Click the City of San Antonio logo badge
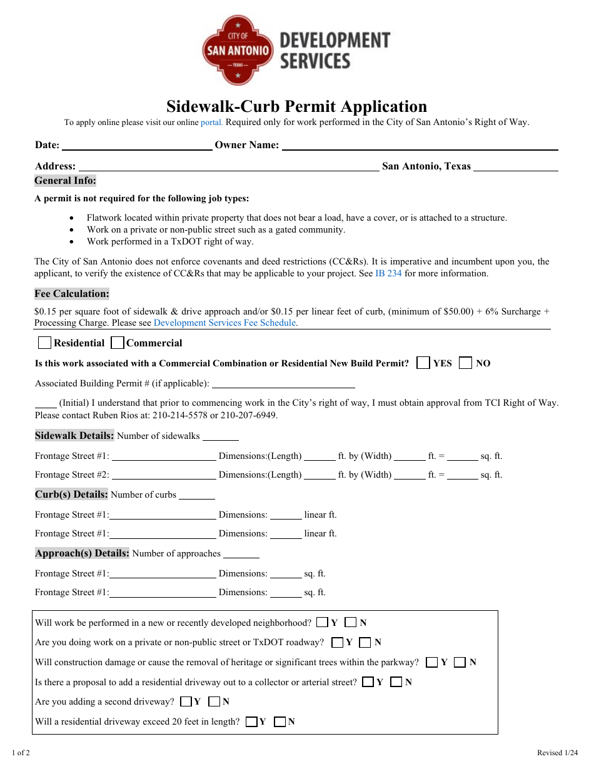point(238,50)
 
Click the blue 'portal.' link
point(211,123)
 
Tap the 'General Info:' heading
point(65,181)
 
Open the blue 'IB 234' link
point(388,273)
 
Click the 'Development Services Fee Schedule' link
point(224,323)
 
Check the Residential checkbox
point(44,343)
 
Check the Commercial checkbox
point(117,343)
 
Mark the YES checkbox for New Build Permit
point(423,363)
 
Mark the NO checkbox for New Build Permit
point(465,363)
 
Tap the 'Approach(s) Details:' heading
point(82,553)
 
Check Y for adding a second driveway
point(186,701)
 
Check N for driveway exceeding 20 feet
point(280,721)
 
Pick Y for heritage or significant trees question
point(431,662)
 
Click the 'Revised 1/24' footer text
point(557,753)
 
